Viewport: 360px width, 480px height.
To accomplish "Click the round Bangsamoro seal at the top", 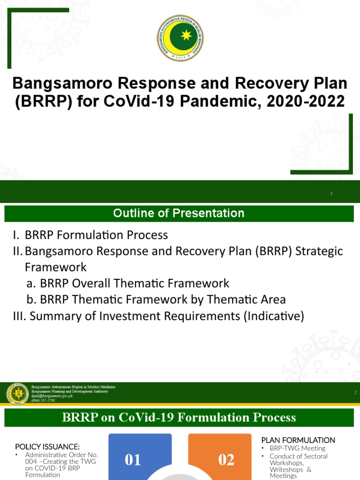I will [180, 37].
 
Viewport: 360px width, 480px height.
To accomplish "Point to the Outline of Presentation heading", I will [179, 213].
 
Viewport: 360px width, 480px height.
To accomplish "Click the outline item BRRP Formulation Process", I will [96, 235].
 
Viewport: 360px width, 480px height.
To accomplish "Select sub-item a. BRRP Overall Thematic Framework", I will [135, 283].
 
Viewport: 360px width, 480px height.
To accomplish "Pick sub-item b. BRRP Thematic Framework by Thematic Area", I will [163, 300].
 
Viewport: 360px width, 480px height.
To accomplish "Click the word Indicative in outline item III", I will [273, 316].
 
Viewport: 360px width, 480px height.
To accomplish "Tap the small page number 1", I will [331, 194].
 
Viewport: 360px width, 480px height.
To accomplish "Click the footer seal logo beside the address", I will [17, 393].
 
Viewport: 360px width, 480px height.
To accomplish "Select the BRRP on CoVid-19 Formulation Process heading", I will [179, 417].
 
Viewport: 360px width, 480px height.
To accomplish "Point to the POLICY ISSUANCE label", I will [47, 446].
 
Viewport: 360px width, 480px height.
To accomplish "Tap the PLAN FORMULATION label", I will [298, 440].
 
